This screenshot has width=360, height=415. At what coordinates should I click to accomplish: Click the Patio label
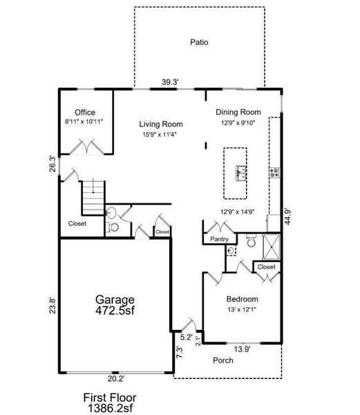(x=199, y=42)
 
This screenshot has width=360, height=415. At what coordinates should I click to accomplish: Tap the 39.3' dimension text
(x=171, y=82)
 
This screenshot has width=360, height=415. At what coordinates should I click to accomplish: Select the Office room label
(x=85, y=113)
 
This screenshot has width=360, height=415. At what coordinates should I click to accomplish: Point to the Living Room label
(x=158, y=124)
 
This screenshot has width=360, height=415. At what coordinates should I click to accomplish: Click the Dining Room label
(x=238, y=112)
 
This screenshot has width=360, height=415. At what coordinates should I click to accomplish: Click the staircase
(x=93, y=198)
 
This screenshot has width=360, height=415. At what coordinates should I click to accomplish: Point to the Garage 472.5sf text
(x=115, y=305)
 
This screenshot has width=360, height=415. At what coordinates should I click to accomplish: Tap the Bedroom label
(x=242, y=299)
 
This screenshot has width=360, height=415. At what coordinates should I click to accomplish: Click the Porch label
(x=222, y=360)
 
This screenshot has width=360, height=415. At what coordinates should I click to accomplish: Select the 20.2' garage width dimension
(x=115, y=378)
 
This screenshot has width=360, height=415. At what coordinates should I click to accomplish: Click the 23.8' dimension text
(x=51, y=305)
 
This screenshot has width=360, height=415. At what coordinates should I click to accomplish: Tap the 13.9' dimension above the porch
(x=241, y=349)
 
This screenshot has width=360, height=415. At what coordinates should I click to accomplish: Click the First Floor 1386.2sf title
(x=111, y=403)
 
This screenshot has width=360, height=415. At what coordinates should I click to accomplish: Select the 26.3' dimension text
(x=51, y=164)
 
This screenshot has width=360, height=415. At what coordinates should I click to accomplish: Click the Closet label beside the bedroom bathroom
(x=266, y=267)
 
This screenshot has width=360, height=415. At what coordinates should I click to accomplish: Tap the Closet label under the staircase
(x=77, y=223)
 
